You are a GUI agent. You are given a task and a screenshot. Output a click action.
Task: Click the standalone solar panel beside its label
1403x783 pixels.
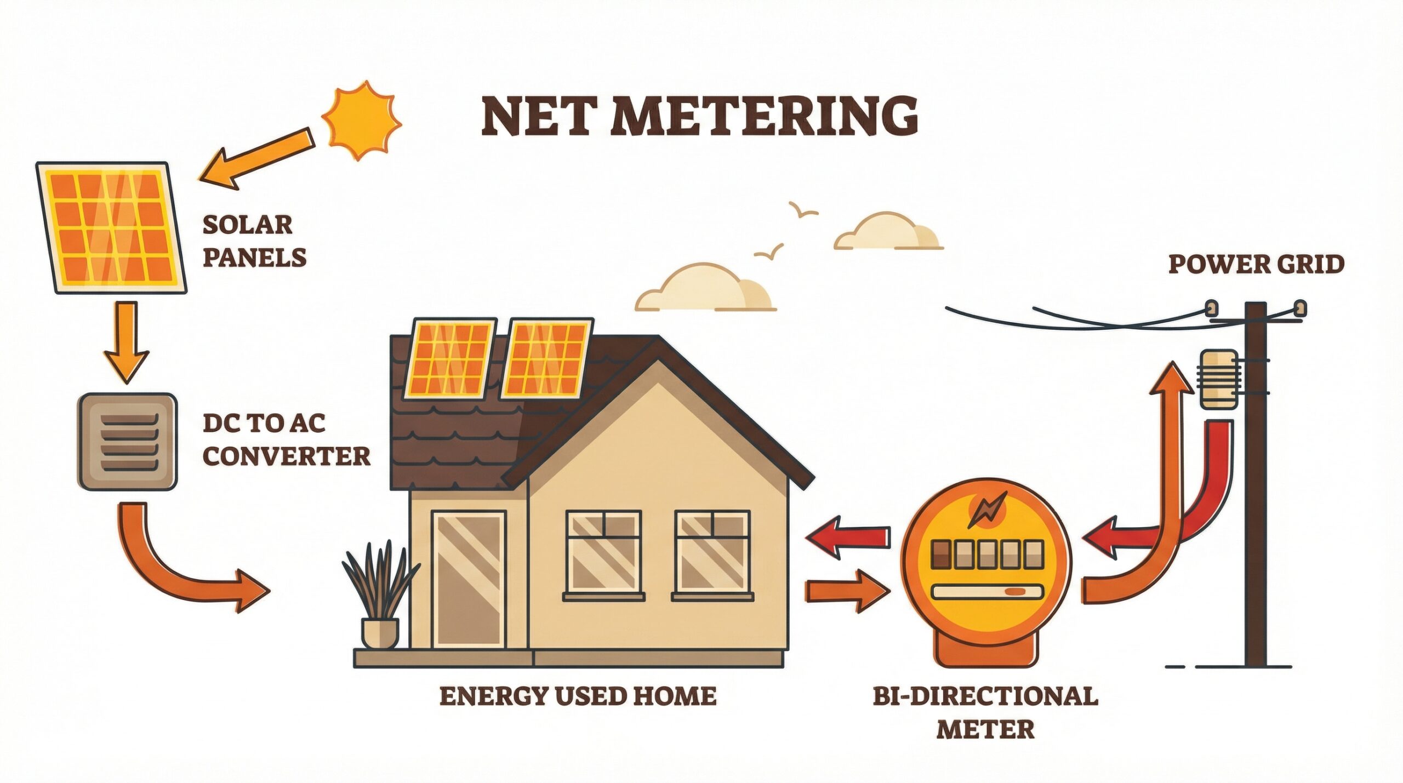pyautogui.click(x=111, y=227)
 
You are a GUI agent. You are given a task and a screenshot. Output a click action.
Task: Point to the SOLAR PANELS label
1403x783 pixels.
pyautogui.click(x=253, y=241)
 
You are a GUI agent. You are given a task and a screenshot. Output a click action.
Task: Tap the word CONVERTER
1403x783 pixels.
pyautogui.click(x=286, y=456)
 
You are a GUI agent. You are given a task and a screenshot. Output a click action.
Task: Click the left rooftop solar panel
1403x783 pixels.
pyautogui.click(x=450, y=359)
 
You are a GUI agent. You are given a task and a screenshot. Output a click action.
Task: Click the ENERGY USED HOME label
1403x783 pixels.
pyautogui.click(x=578, y=696)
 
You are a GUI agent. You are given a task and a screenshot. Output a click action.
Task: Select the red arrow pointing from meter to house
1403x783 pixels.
pyautogui.click(x=847, y=537)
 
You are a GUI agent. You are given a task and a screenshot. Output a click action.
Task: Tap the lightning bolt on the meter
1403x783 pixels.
pyautogui.click(x=986, y=510)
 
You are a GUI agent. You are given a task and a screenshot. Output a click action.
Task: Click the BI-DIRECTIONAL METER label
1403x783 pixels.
pyautogui.click(x=985, y=712)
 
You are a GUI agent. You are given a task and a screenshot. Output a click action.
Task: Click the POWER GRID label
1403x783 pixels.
pyautogui.click(x=1256, y=264)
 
